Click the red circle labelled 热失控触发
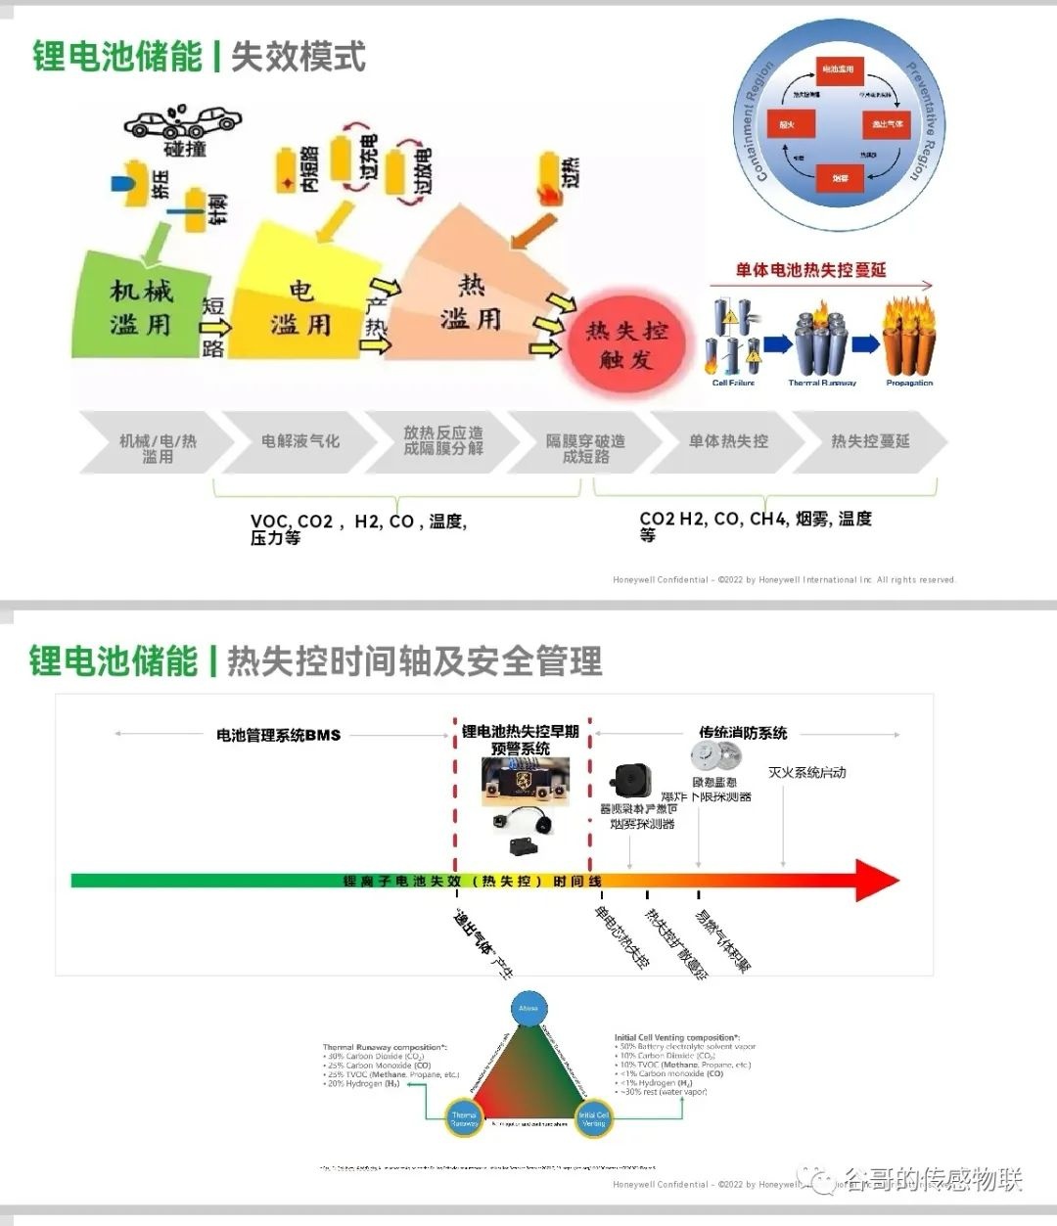(626, 344)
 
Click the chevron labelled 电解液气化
(299, 442)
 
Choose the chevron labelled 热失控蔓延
(869, 442)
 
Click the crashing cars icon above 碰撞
(184, 121)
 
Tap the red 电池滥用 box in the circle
(838, 69)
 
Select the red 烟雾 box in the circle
(840, 177)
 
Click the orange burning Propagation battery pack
(909, 340)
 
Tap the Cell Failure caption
(733, 383)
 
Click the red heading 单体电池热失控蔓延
(811, 270)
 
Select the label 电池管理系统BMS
(278, 735)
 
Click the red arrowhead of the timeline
(878, 881)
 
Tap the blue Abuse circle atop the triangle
(528, 1008)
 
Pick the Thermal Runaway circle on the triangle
(463, 1118)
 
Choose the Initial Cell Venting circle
(593, 1118)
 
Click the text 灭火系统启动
(806, 773)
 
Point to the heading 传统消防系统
(743, 733)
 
